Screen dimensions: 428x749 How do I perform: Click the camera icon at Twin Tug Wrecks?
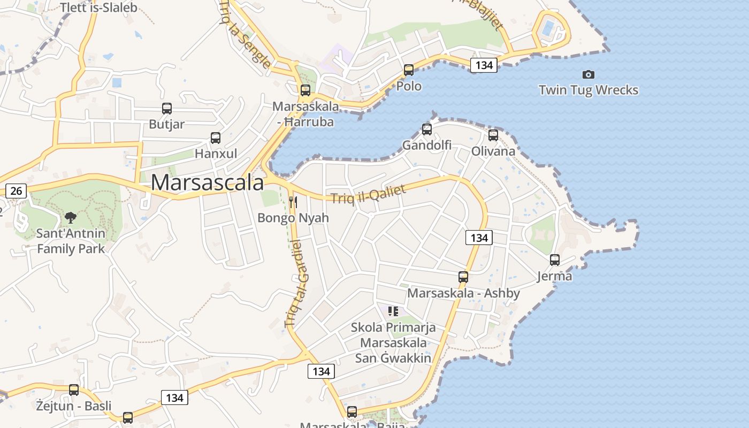click(x=588, y=74)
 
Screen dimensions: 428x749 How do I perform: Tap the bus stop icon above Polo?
click(x=409, y=70)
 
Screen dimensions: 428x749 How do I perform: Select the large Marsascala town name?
click(x=207, y=182)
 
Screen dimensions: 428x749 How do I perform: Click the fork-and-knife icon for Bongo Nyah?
click(x=293, y=202)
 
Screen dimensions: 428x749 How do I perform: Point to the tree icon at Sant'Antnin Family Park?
click(x=70, y=217)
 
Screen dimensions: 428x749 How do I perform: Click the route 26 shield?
click(x=16, y=190)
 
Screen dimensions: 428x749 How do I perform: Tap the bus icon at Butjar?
click(x=167, y=109)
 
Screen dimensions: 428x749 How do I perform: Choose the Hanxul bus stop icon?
click(x=216, y=138)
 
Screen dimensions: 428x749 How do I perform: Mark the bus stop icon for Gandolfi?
click(x=426, y=129)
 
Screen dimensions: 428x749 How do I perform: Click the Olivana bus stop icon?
click(x=493, y=135)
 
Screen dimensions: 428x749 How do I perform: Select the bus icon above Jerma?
click(x=555, y=260)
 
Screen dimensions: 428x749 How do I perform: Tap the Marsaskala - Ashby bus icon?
click(x=463, y=277)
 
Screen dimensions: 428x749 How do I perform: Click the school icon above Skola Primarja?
click(x=393, y=311)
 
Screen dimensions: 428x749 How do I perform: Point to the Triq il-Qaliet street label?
click(x=368, y=194)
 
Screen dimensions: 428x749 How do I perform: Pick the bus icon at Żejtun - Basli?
click(x=74, y=390)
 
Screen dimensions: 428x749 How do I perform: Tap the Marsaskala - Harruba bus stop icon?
click(x=305, y=90)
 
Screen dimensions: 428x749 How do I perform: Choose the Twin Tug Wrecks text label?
click(x=588, y=90)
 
